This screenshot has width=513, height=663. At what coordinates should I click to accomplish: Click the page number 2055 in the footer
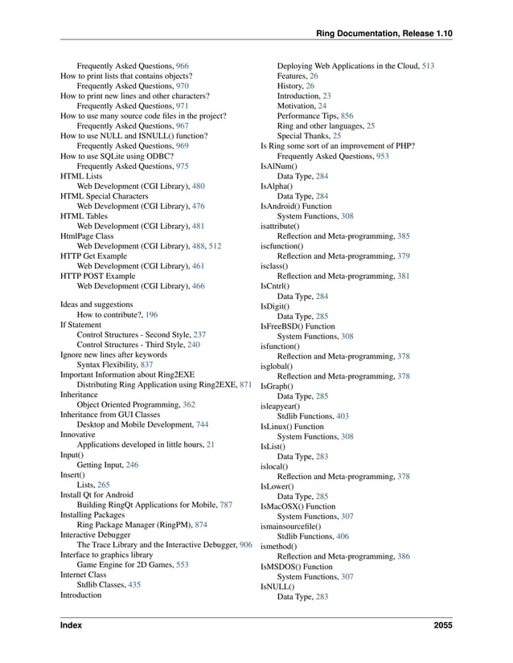441,625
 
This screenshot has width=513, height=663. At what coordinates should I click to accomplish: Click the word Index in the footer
71,625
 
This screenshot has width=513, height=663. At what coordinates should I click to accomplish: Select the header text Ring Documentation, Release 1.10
384,33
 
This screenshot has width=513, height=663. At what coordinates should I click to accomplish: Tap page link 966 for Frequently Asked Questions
183,65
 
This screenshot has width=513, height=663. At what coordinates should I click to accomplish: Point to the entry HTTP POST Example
97,276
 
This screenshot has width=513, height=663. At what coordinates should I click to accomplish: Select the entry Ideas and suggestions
96,305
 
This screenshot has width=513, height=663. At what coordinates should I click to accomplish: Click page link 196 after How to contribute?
151,316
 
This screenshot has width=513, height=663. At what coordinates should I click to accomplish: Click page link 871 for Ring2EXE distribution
246,386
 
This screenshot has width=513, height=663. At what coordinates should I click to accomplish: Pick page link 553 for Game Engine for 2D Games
182,565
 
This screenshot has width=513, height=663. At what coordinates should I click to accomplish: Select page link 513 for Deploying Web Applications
428,65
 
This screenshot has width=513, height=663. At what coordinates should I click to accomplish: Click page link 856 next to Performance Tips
347,116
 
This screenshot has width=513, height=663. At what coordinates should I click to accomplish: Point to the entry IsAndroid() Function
295,207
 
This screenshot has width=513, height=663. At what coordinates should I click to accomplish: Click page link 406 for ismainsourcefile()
343,536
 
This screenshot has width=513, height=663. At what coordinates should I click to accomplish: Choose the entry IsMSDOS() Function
296,567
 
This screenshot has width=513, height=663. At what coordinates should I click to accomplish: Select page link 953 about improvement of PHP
382,156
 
